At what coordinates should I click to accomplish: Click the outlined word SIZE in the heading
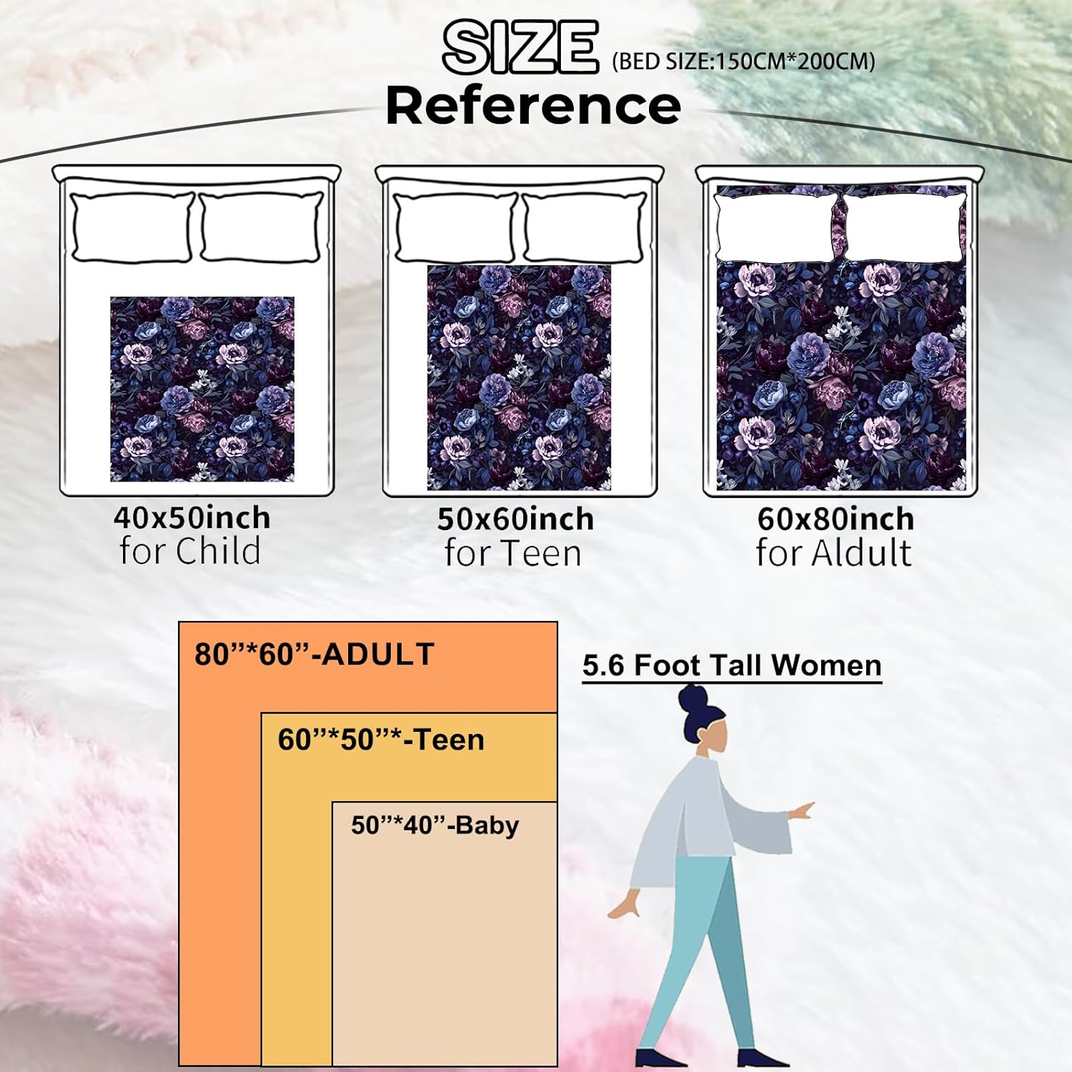(x=520, y=47)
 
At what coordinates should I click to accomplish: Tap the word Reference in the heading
(x=533, y=105)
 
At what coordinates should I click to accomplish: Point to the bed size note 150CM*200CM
(x=743, y=61)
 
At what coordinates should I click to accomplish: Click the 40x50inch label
(x=192, y=517)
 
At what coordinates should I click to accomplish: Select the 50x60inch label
(x=515, y=519)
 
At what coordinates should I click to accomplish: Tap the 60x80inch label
(x=835, y=519)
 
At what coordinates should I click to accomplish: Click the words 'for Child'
(x=190, y=552)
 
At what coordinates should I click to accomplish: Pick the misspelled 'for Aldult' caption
(x=834, y=553)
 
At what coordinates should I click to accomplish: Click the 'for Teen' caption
(x=513, y=553)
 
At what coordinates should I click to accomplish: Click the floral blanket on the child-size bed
(x=202, y=389)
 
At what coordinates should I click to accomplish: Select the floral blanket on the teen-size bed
(x=519, y=377)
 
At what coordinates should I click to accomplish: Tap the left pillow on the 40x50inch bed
(x=132, y=227)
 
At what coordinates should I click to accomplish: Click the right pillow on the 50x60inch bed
(x=585, y=227)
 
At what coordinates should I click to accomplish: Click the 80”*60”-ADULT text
(x=314, y=655)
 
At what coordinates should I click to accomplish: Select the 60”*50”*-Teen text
(x=381, y=740)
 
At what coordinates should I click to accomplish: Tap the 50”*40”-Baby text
(x=435, y=825)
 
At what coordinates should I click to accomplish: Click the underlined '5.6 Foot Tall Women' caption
(x=732, y=665)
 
